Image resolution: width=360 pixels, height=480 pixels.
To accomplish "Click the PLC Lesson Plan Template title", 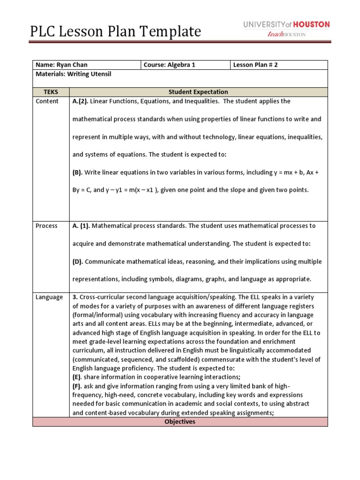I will [115, 31].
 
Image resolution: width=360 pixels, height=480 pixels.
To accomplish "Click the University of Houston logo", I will [286, 25].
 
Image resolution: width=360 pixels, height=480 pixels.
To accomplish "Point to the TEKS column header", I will [51, 92].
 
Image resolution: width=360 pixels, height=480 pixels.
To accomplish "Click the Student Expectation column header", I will [198, 92].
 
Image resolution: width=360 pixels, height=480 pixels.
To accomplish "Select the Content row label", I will [47, 101].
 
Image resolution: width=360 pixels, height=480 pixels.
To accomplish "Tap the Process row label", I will [47, 226].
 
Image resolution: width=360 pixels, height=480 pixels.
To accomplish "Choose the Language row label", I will [49, 297].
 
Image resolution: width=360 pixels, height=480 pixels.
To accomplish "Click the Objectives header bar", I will [180, 422].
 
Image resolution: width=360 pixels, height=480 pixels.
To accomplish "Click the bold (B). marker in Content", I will [77, 172].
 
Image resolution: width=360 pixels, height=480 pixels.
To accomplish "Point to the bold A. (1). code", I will [82, 226].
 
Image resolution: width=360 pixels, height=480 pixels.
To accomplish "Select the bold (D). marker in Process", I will [78, 262].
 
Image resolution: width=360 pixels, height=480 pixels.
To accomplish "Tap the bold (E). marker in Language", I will [77, 377].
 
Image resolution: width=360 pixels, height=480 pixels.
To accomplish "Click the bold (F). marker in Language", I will [77, 386].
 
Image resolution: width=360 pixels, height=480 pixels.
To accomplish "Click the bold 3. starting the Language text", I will [75, 297].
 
